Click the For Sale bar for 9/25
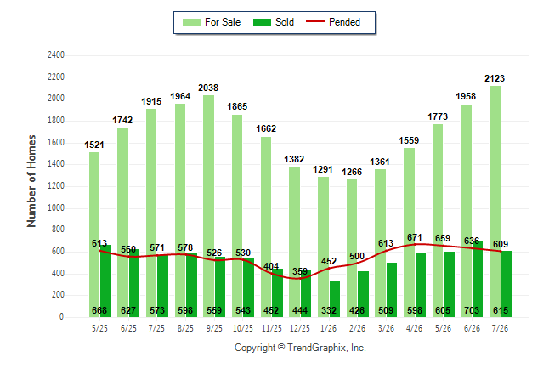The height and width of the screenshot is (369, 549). click(x=209, y=206)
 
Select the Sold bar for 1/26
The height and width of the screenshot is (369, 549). click(x=335, y=299)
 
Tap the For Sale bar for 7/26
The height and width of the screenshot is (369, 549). click(x=495, y=202)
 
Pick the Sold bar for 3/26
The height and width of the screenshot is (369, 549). click(x=392, y=290)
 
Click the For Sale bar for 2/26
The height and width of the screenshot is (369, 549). click(x=352, y=248)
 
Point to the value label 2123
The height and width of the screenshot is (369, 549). click(x=495, y=78)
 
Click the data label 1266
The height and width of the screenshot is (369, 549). click(x=352, y=172)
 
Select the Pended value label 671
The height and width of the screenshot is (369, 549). click(x=414, y=237)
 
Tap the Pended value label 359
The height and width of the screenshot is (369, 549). click(x=300, y=271)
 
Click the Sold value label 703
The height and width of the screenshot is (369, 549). click(x=472, y=310)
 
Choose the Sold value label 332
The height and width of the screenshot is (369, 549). click(x=329, y=310)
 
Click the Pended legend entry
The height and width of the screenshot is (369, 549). click(x=333, y=22)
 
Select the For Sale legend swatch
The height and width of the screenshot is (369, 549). click(x=191, y=22)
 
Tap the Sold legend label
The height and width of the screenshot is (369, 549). click(x=285, y=22)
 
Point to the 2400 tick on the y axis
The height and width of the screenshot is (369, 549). click(x=56, y=55)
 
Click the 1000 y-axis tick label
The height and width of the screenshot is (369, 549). click(x=56, y=207)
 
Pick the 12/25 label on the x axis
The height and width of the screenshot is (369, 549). click(x=300, y=328)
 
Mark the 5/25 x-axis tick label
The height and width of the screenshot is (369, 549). click(x=99, y=328)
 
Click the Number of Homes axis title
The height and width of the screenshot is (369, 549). click(x=31, y=181)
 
